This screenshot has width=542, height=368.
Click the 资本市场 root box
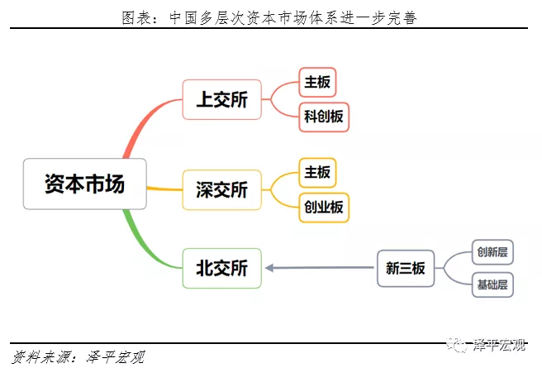tap(85, 184)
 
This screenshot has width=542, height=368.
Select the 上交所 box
tap(221, 100)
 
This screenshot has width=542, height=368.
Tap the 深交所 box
tap(221, 189)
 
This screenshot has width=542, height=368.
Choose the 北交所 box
tap(221, 268)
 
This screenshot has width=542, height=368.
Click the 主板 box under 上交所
tap(318, 83)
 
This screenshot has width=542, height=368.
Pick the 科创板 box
tap(324, 117)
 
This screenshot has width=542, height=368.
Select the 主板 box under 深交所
tap(318, 172)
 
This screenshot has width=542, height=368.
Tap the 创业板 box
tap(324, 207)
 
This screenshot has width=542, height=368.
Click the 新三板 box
tap(405, 268)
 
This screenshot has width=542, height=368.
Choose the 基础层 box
tap(492, 285)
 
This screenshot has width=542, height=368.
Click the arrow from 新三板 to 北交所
tap(322, 267)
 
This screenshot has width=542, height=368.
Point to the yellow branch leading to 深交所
tap(164, 189)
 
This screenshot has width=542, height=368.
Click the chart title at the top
tap(271, 16)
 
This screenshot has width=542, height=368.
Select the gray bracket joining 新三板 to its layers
tap(450, 268)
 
